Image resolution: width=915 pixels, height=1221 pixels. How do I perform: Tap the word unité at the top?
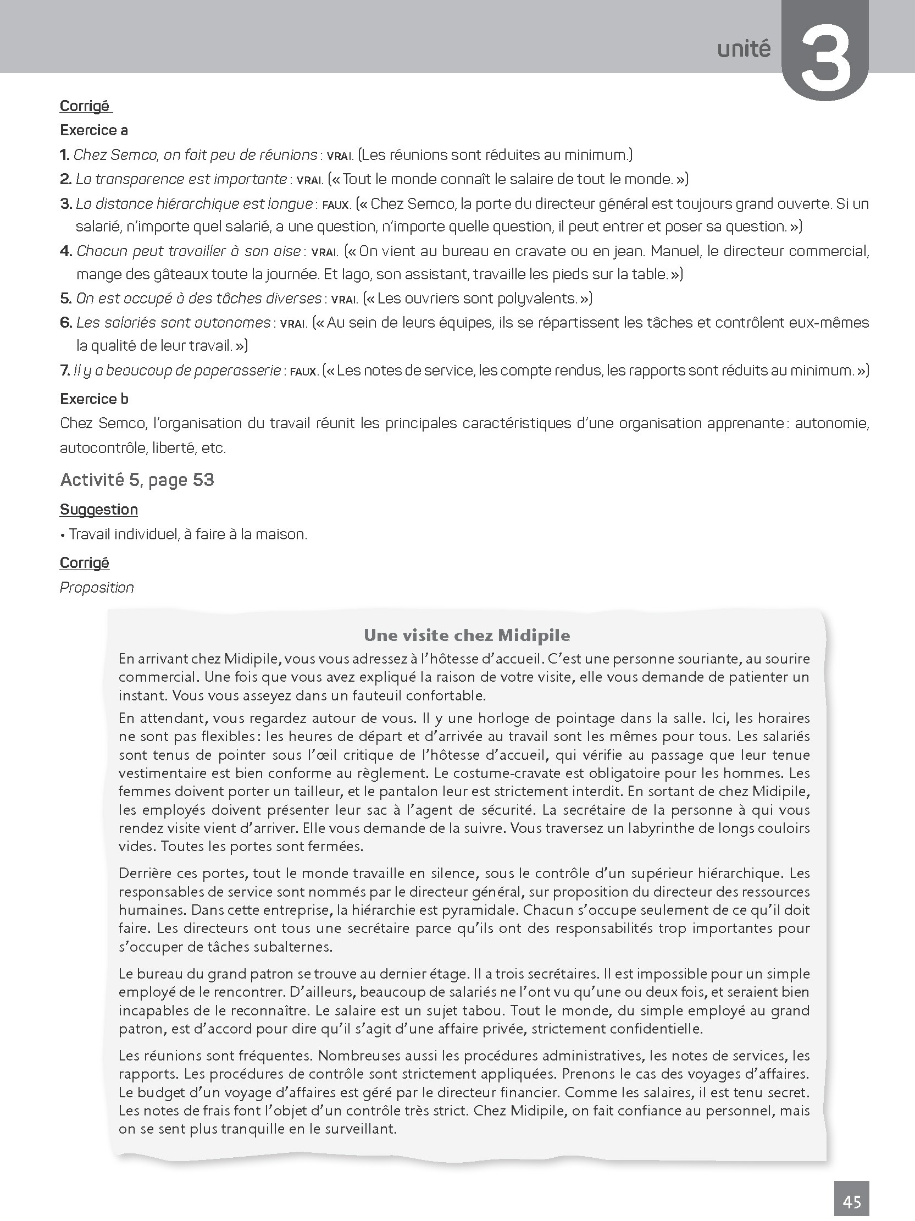click(x=744, y=49)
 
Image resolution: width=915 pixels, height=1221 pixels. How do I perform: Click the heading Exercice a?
click(x=94, y=130)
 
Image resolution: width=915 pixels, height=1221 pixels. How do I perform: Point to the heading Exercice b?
click(x=95, y=399)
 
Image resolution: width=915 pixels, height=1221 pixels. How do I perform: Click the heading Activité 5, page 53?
click(x=137, y=480)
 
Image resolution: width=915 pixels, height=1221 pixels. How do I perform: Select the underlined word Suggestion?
click(x=99, y=509)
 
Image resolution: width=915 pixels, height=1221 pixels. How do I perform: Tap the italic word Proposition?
click(x=97, y=587)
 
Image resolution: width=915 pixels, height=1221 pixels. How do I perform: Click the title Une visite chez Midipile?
click(x=467, y=636)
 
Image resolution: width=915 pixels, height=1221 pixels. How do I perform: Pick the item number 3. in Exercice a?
click(x=66, y=204)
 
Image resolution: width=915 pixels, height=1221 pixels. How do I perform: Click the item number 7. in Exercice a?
click(x=64, y=370)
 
